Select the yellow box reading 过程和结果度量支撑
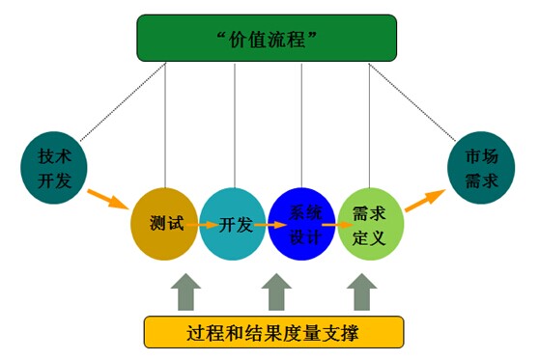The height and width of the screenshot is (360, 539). tap(272, 333)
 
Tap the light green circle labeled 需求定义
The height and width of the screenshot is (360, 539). tap(371, 223)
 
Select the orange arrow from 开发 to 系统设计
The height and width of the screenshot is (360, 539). tap(270, 224)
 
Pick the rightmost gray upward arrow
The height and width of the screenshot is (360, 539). tap(362, 291)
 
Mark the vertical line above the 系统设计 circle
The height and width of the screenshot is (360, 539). tap(302, 125)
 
